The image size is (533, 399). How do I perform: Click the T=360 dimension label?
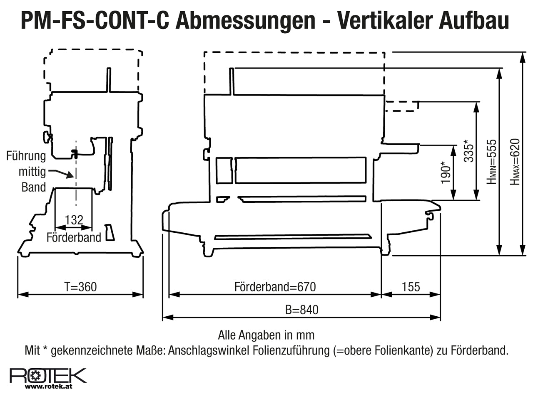80,287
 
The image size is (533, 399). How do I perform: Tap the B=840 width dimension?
301,310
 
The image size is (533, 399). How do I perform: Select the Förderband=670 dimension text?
275,287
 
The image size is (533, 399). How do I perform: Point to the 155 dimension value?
411,287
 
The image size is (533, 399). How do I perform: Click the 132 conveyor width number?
74,220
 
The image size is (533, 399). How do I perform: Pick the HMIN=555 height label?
492,162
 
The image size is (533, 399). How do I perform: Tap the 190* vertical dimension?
446,172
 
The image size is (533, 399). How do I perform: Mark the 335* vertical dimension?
468,150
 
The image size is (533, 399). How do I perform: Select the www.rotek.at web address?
49,387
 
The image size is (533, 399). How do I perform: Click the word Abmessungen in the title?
245,21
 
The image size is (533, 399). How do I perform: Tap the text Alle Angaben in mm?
266,335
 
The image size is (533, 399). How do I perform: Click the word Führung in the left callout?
26,156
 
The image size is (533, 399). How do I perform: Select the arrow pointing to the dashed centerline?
61,173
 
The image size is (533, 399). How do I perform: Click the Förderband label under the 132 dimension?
74,237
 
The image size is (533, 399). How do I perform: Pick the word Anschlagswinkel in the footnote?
209,350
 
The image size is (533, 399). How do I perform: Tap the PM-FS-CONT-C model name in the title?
95,21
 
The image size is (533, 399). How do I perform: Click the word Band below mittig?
34,187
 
